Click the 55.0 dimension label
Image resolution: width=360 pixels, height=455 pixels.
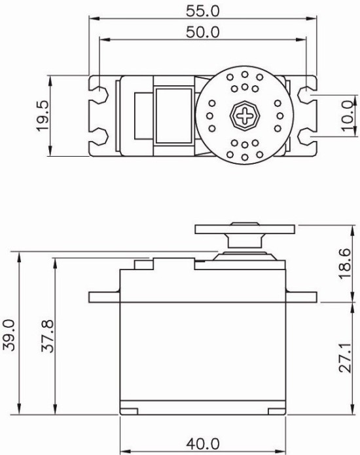click(203, 10)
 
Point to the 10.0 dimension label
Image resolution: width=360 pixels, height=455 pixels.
click(348, 117)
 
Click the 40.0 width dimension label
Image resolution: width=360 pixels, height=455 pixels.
click(204, 445)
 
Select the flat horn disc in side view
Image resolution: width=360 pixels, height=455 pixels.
click(245, 229)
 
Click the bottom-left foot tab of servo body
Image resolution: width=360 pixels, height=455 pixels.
click(129, 411)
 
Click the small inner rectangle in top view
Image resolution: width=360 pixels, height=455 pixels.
click(143, 117)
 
